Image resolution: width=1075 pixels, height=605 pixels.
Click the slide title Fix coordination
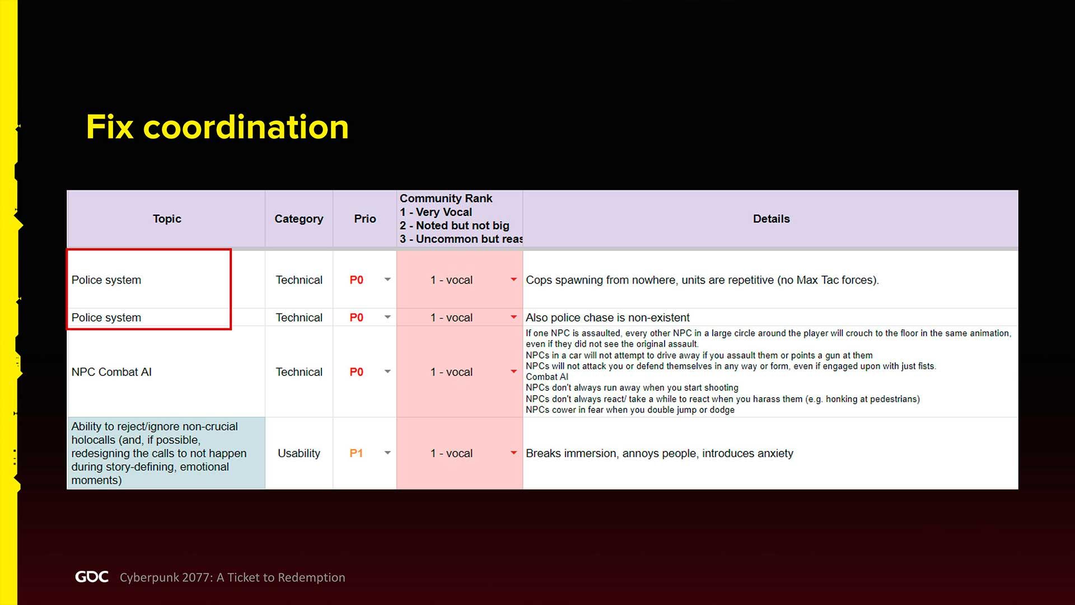[217, 127]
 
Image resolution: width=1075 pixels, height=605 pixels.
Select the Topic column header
[167, 218]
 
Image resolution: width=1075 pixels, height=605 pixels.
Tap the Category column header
[298, 218]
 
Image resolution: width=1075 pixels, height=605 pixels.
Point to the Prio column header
[364, 218]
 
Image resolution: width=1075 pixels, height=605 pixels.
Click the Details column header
[771, 218]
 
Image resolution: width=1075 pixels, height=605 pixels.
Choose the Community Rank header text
[446, 198]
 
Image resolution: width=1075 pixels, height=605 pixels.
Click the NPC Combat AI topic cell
[111, 372]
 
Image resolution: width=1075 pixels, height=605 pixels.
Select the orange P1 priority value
[356, 453]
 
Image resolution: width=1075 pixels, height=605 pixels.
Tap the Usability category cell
[299, 453]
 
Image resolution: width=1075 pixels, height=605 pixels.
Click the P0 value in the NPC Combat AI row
[356, 372]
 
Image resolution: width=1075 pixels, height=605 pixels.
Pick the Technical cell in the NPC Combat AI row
[299, 372]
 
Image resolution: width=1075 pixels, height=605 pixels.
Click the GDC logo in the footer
[92, 577]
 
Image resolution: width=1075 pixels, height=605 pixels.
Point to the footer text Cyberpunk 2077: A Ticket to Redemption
[232, 578]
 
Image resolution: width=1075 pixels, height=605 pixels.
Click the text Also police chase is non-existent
[607, 318]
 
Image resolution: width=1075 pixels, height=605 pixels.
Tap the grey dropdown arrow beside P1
[387, 453]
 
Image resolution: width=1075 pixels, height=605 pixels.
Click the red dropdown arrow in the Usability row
[513, 453]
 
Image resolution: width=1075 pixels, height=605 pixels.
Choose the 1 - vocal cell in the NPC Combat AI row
[451, 372]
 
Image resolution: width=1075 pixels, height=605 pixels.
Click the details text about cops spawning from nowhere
[702, 280]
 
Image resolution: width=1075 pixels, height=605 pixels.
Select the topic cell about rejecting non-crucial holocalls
[159, 453]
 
